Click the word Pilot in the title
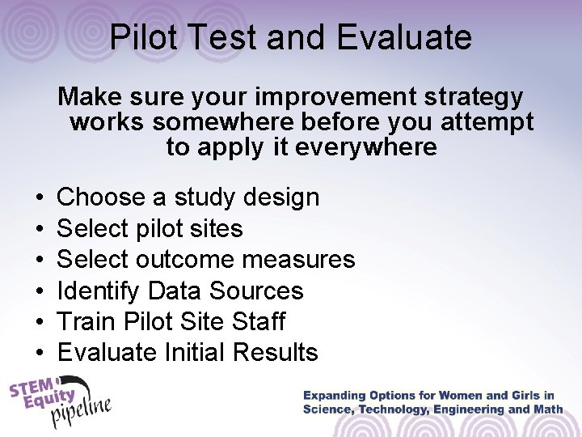pos(143,37)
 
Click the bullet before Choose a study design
pos(39,198)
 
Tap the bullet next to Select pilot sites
pos(39,229)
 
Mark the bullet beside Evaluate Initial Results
pos(39,353)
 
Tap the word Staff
pos(256,321)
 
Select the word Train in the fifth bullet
pos(87,321)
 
